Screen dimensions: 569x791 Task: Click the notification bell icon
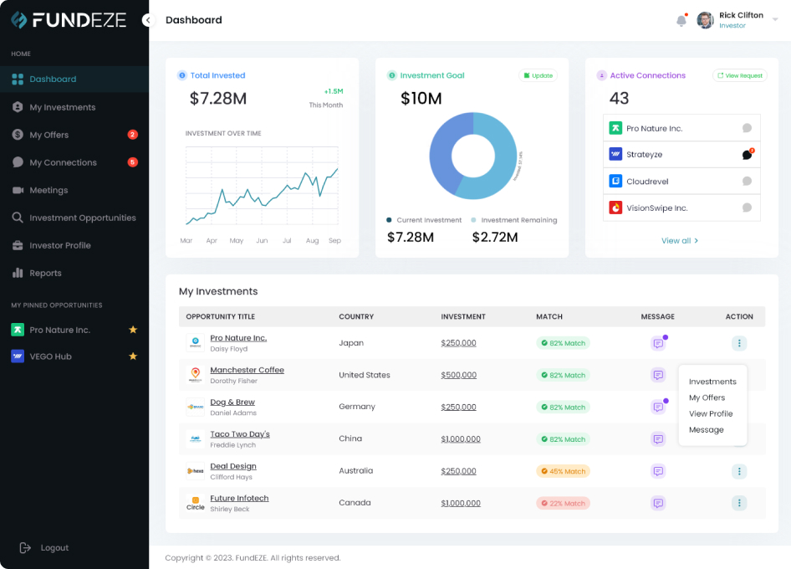[x=681, y=21]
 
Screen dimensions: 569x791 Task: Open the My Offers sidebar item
[x=49, y=135]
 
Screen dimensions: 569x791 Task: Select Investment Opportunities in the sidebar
[x=82, y=218]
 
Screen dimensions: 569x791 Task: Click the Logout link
[x=54, y=548]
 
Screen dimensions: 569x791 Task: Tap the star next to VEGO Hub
[x=132, y=356]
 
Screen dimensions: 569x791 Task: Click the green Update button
[x=538, y=75]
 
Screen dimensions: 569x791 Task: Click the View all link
[x=679, y=241]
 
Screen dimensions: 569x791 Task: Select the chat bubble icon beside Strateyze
[x=747, y=155]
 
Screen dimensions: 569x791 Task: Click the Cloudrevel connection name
[x=647, y=182]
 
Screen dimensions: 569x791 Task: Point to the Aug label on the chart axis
[x=312, y=241]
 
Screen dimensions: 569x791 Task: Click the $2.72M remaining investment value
[x=495, y=238]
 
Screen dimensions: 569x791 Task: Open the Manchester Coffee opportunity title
[x=247, y=370]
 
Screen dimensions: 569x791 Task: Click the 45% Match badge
[x=563, y=471]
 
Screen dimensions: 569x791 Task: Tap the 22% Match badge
[x=563, y=504]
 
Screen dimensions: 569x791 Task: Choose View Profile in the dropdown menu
[x=711, y=414]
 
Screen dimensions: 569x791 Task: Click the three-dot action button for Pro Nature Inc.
[x=738, y=343]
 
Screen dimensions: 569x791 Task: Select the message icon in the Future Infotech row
[x=658, y=504]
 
